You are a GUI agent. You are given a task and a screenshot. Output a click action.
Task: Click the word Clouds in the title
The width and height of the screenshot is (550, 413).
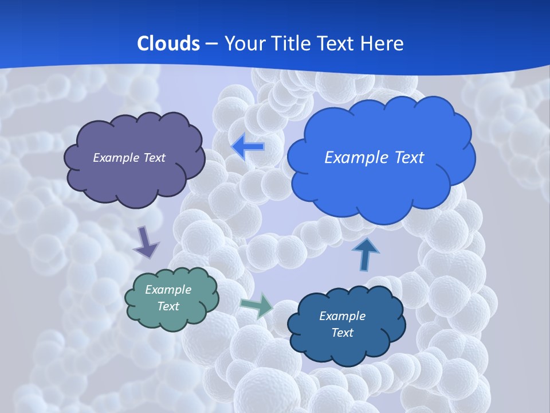click(168, 44)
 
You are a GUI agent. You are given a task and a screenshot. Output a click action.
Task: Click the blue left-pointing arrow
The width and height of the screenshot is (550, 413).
click(248, 147)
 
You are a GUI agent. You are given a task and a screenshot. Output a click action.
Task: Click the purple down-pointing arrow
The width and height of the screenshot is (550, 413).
click(146, 243)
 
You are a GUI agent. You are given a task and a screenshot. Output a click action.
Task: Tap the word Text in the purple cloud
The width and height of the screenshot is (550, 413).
click(155, 158)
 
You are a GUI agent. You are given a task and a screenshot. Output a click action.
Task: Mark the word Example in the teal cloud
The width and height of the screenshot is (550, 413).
click(168, 290)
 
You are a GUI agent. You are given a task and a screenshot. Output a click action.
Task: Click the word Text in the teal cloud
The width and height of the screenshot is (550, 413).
click(168, 306)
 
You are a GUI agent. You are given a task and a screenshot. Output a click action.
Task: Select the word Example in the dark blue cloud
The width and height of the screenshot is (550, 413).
click(342, 316)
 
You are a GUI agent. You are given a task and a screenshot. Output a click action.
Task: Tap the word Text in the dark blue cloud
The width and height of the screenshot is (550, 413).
click(342, 333)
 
